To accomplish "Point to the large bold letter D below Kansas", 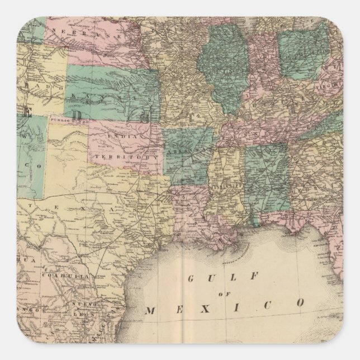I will (145, 116).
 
